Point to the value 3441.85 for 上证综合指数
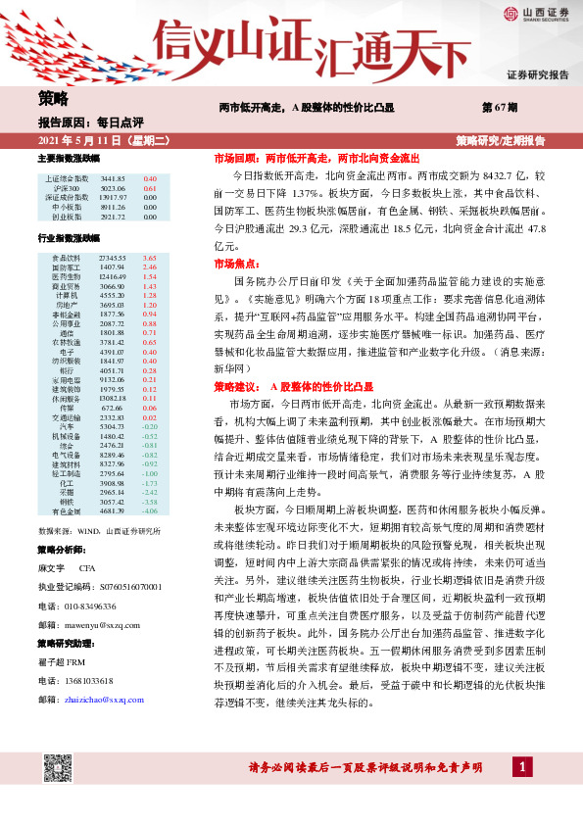click(x=113, y=179)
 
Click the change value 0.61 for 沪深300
click(x=150, y=188)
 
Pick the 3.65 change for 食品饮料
click(x=150, y=257)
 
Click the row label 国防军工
click(x=67, y=267)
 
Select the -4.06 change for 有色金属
click(x=149, y=510)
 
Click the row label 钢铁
click(x=67, y=501)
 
